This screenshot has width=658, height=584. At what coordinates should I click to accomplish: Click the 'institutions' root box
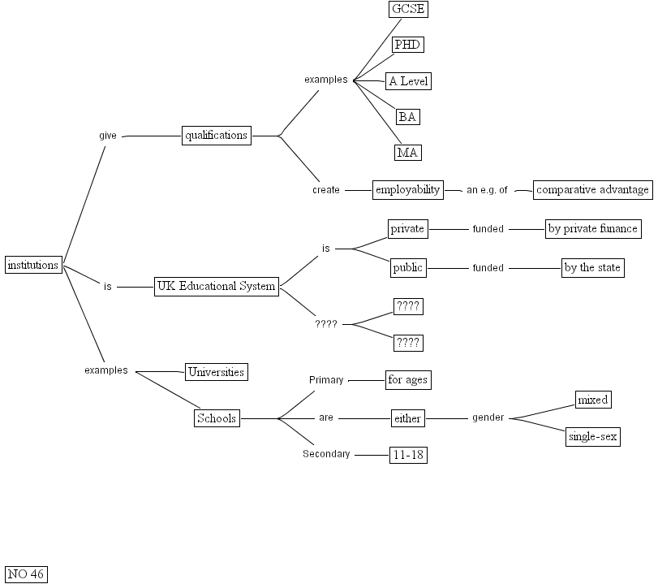click(33, 265)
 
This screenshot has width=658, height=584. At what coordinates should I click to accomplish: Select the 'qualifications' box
click(216, 136)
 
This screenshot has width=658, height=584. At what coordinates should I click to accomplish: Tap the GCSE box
click(408, 10)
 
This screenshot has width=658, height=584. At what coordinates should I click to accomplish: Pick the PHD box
click(408, 45)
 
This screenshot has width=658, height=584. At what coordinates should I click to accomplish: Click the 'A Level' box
click(408, 81)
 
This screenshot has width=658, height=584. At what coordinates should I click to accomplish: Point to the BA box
click(408, 117)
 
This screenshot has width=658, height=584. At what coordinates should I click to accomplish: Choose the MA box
click(408, 152)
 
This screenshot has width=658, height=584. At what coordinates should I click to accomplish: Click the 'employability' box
click(407, 190)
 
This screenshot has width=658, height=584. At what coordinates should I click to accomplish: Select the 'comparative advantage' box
click(592, 190)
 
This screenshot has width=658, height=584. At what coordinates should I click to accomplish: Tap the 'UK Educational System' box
click(216, 286)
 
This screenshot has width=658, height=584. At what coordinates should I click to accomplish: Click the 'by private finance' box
click(592, 229)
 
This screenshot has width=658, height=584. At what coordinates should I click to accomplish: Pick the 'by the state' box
click(593, 268)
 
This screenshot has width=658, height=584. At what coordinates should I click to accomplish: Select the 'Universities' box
click(216, 372)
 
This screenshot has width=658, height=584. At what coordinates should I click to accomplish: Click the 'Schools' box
click(217, 418)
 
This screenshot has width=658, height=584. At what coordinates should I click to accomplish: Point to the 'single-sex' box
click(593, 437)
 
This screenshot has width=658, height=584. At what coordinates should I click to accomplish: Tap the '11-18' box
click(408, 456)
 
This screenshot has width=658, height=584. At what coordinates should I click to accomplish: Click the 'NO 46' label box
click(26, 574)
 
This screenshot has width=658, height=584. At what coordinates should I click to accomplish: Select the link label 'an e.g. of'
click(487, 190)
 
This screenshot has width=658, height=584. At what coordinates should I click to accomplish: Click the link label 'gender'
click(488, 418)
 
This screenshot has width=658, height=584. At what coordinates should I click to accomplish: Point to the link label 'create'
click(326, 190)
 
